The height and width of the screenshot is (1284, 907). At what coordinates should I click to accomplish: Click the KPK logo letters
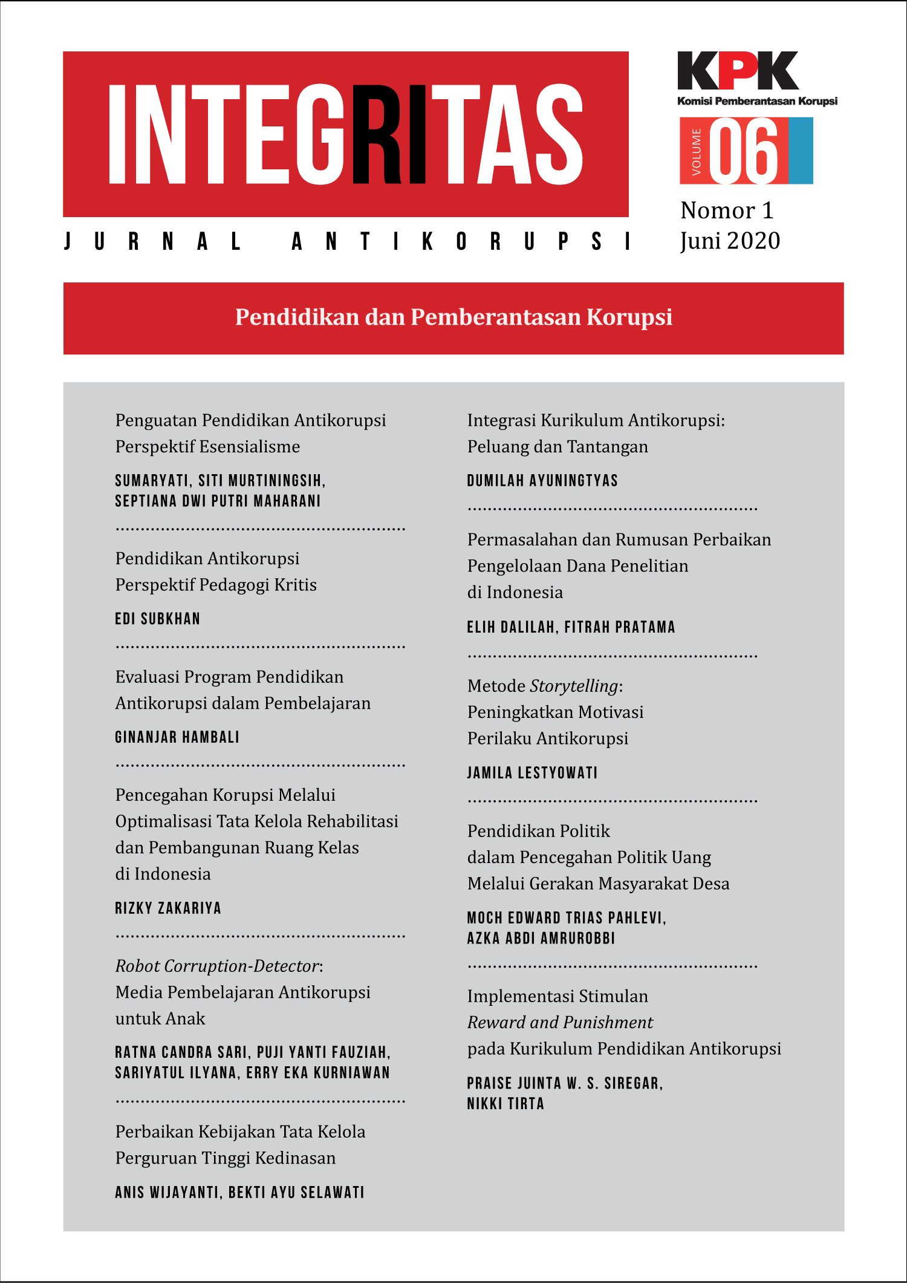pyautogui.click(x=738, y=71)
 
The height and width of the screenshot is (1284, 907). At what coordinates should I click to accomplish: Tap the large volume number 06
pyautogui.click(x=744, y=151)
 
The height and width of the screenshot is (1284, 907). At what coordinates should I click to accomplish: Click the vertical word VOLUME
pyautogui.click(x=696, y=151)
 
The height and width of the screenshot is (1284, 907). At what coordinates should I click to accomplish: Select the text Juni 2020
pyautogui.click(x=730, y=241)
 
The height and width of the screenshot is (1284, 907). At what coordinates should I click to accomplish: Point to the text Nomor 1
pyautogui.click(x=727, y=210)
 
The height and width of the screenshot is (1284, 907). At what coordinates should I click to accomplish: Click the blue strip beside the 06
pyautogui.click(x=801, y=151)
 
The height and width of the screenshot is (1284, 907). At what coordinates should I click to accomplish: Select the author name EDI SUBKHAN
pyautogui.click(x=157, y=619)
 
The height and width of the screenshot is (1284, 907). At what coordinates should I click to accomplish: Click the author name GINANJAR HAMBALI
pyautogui.click(x=177, y=737)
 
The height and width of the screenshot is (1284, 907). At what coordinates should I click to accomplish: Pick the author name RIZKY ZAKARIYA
pyautogui.click(x=168, y=908)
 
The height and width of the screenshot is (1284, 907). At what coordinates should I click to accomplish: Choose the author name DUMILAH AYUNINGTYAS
pyautogui.click(x=542, y=481)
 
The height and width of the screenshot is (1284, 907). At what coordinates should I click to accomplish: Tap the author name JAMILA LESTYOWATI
pyautogui.click(x=532, y=773)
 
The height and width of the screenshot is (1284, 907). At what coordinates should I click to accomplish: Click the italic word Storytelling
pyautogui.click(x=574, y=686)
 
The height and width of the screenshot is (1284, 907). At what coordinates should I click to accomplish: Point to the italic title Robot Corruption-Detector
pyautogui.click(x=217, y=966)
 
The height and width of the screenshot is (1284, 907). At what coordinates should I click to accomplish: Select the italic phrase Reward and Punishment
pyautogui.click(x=560, y=1022)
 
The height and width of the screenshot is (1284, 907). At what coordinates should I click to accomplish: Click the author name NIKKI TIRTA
pyautogui.click(x=506, y=1104)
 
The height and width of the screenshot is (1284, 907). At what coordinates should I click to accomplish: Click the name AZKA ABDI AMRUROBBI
pyautogui.click(x=541, y=938)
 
